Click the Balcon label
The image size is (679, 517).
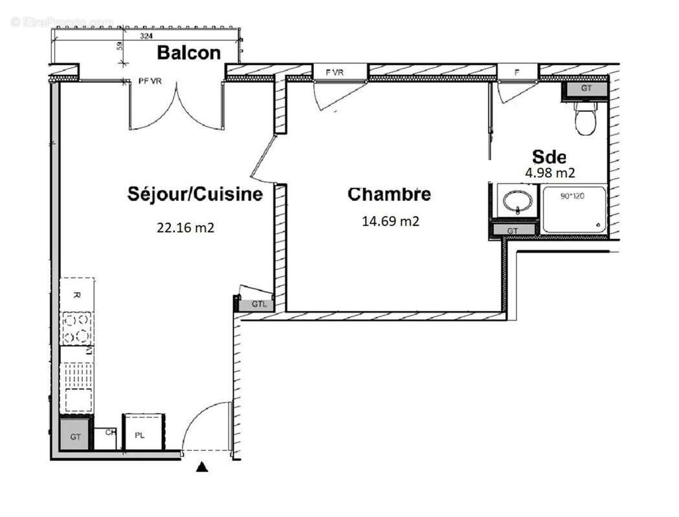[x=188, y=53]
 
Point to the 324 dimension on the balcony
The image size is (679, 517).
[x=146, y=37]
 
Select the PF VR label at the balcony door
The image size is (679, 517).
[x=151, y=81]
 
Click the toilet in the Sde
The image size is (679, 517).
[x=585, y=120]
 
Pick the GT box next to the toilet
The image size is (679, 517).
[x=585, y=89]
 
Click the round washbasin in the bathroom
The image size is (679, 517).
[x=518, y=200]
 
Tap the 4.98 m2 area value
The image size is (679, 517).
[x=550, y=173]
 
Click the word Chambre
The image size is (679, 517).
[x=389, y=194]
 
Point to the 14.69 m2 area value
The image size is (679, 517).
[x=390, y=221]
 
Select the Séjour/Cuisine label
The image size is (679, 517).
[x=195, y=194]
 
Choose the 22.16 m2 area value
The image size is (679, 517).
[x=185, y=227]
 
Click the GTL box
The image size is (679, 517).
[x=258, y=304]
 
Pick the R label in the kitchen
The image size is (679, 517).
[x=76, y=295]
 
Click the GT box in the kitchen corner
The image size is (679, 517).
[x=76, y=436]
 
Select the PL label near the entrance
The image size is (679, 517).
[x=139, y=436]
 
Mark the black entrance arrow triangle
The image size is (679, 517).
[x=202, y=467]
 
